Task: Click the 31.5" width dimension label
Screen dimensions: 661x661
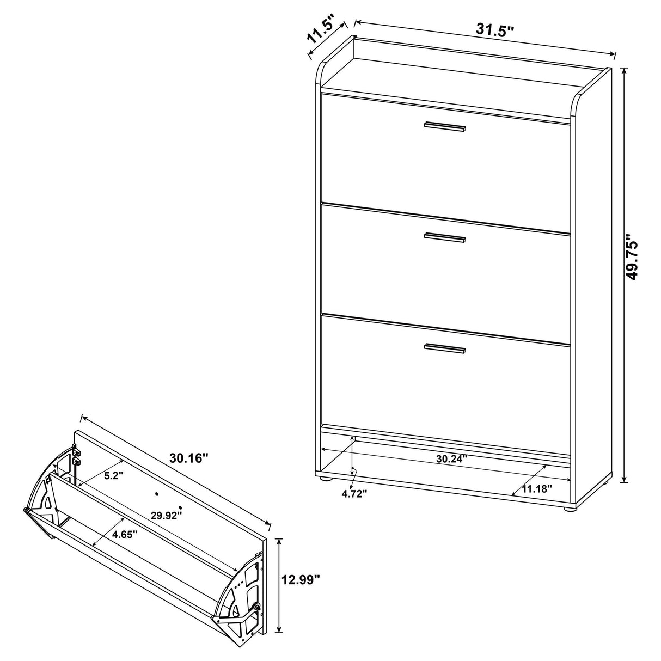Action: coord(495,29)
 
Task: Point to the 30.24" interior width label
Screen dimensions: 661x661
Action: coord(451,459)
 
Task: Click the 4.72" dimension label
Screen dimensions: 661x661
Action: coord(354,493)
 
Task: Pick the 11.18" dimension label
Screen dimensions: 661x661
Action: coord(536,488)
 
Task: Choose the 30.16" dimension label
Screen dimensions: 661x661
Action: coord(188,459)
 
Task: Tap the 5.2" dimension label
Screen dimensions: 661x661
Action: coord(114,475)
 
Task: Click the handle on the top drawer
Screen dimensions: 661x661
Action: coord(445,126)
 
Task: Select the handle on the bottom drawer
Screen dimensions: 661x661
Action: coord(445,348)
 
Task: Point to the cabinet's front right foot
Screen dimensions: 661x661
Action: coord(569,510)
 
